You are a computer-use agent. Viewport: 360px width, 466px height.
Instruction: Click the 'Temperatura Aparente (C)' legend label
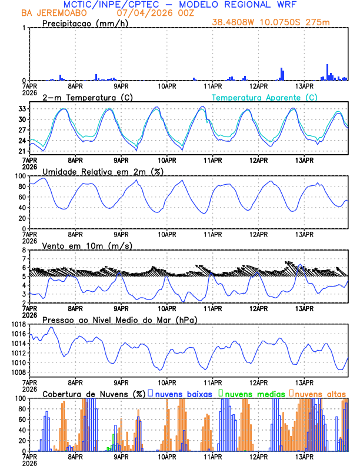click(x=264, y=97)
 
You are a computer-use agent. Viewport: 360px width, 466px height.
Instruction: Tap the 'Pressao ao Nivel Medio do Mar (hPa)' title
click(x=119, y=319)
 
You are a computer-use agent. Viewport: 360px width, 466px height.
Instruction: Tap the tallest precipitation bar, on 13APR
click(x=328, y=72)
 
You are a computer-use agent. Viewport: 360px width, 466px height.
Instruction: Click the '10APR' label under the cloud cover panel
click(x=167, y=457)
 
